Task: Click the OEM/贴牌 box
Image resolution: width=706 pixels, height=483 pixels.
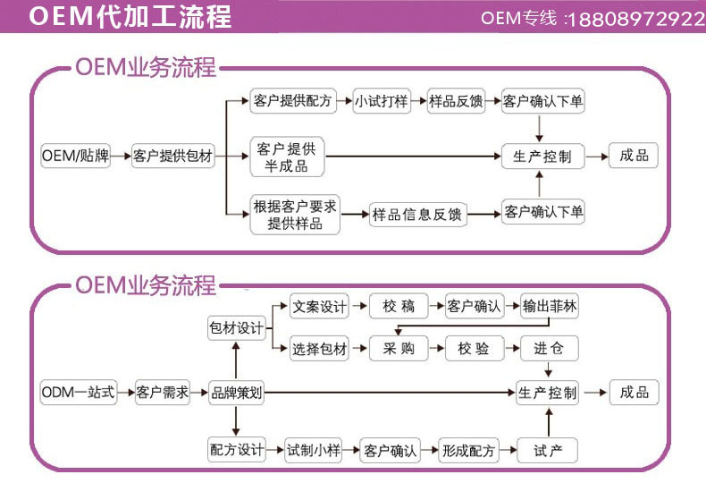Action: pyautogui.click(x=75, y=156)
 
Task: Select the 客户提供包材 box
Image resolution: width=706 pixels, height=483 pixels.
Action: pyautogui.click(x=173, y=156)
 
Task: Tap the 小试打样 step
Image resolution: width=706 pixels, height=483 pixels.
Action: pyautogui.click(x=382, y=101)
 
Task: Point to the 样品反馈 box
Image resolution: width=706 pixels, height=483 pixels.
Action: pyautogui.click(x=456, y=101)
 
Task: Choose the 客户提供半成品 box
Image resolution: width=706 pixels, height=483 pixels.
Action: pyautogui.click(x=286, y=157)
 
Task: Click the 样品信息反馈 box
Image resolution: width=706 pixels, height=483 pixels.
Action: pyautogui.click(x=417, y=214)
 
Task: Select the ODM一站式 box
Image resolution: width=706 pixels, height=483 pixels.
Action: pyautogui.click(x=79, y=393)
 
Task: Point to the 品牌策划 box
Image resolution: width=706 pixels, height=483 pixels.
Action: pyautogui.click(x=236, y=393)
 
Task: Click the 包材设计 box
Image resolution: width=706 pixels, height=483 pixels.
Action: pyautogui.click(x=236, y=328)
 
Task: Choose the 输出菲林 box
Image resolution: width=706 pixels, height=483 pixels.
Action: pyautogui.click(x=550, y=307)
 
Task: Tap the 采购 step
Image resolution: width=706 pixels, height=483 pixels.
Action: pyautogui.click(x=399, y=349)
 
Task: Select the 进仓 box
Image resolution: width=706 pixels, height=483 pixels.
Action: pyautogui.click(x=549, y=349)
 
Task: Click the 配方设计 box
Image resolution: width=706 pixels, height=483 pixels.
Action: pyautogui.click(x=236, y=450)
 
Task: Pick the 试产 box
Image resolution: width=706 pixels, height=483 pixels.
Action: pyautogui.click(x=549, y=450)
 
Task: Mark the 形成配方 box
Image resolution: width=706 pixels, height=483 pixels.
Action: pyautogui.click(x=467, y=450)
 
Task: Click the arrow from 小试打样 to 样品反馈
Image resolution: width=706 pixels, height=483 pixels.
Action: pyautogui.click(x=418, y=101)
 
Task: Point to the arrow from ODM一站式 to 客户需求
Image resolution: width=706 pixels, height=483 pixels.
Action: pyautogui.click(x=126, y=393)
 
